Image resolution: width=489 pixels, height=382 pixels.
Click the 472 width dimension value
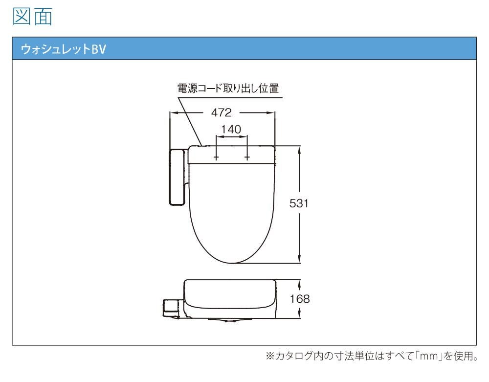pos(222,112)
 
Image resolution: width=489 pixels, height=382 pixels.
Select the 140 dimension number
pos(231,129)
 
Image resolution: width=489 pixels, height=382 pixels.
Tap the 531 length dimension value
pos(299,203)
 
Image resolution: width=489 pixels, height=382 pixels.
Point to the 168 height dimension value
pos(300,299)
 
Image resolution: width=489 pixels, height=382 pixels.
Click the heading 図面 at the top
pos(32,16)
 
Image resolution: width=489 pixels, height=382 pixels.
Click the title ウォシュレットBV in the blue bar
pos(64,49)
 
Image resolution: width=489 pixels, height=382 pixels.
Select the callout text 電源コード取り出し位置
pos(228,88)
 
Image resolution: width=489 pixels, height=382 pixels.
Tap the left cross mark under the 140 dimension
pos(216,157)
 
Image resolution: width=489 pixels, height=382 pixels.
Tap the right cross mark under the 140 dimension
pos(247,157)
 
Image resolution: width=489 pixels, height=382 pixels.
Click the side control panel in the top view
pos(177,177)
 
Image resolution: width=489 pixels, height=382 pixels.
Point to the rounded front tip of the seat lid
pos(232,263)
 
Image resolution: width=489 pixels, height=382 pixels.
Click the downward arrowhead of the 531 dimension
pos(299,259)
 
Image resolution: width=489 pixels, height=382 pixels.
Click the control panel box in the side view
pos(171,309)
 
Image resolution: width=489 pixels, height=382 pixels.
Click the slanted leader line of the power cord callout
pos(190,121)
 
